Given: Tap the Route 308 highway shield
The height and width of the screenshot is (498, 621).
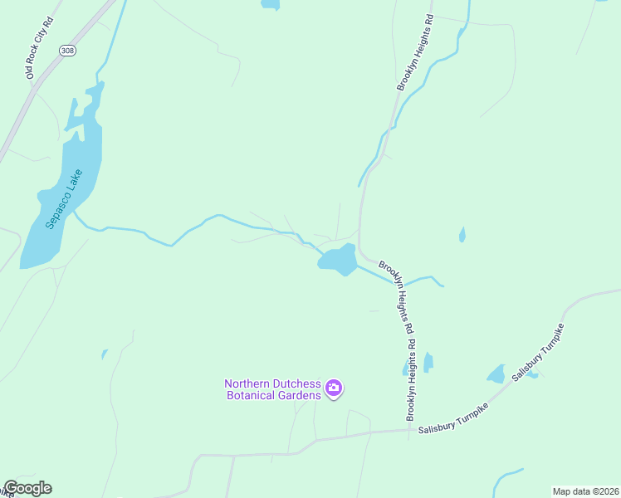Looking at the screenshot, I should coord(67,51).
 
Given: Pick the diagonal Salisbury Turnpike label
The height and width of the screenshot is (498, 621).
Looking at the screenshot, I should coord(539,353).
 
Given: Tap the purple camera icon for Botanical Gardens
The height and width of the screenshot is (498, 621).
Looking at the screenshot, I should coord(334,388).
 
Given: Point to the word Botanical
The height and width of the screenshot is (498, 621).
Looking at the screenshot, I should coord(252,395).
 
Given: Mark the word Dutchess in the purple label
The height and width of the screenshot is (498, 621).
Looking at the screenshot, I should coord(297,383).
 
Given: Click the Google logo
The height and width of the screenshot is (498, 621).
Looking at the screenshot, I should coord(27,488).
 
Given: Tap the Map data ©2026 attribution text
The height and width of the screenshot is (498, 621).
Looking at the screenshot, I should coord(585,491).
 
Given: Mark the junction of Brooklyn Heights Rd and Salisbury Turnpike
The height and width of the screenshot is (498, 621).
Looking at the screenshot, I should coord(411,430).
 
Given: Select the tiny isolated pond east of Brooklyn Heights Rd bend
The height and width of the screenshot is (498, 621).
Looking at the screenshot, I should coord(462,236).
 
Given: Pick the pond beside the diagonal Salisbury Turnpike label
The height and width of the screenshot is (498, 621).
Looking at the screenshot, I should coord(496,374).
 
